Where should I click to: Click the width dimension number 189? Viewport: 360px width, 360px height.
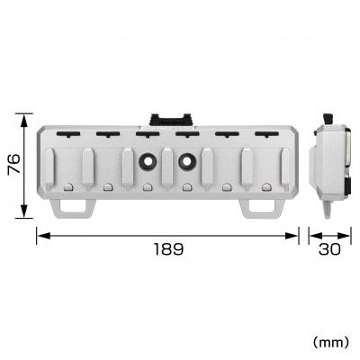point(166,249)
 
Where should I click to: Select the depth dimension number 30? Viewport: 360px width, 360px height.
point(330,249)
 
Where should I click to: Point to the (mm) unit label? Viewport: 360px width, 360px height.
point(329,342)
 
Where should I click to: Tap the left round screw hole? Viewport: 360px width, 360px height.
point(147,163)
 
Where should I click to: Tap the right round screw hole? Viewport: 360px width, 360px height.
point(187,163)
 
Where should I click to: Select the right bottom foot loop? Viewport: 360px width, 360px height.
point(261,207)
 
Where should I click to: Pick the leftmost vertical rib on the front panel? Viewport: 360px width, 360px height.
point(51,166)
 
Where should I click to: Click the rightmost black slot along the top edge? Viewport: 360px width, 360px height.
point(265,136)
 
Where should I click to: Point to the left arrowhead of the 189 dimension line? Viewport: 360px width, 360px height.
point(40,236)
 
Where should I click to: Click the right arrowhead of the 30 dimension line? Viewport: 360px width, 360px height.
point(350,236)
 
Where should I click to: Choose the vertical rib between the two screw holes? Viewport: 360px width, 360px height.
point(167,166)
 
